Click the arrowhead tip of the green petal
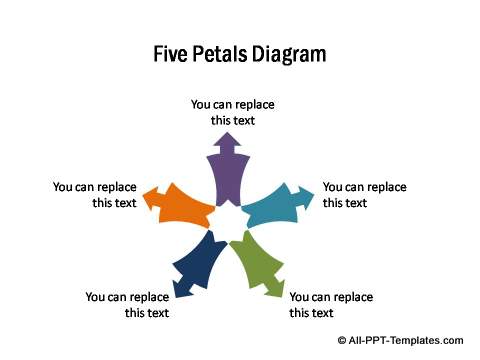point(281,296)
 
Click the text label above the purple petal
point(233,112)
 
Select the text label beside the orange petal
point(95,194)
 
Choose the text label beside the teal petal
point(364,194)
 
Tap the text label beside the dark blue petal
point(127,304)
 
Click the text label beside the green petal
point(331,304)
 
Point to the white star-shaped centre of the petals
point(228,219)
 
